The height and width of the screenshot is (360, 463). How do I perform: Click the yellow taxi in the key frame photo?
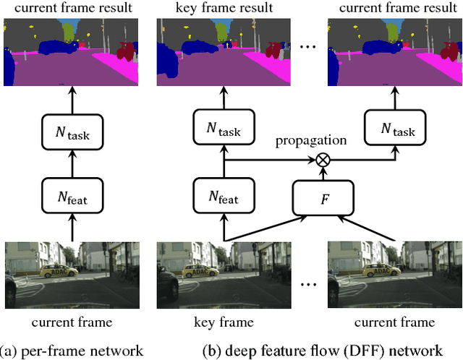(202, 271)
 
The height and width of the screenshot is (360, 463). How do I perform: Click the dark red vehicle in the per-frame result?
(126, 51)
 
